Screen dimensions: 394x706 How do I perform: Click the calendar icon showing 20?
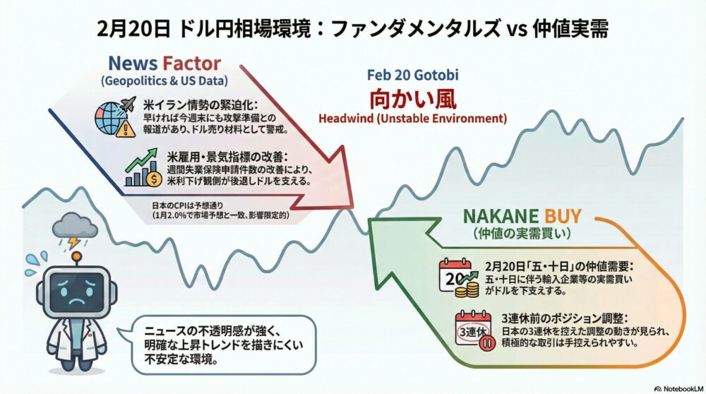[x=455, y=275]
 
